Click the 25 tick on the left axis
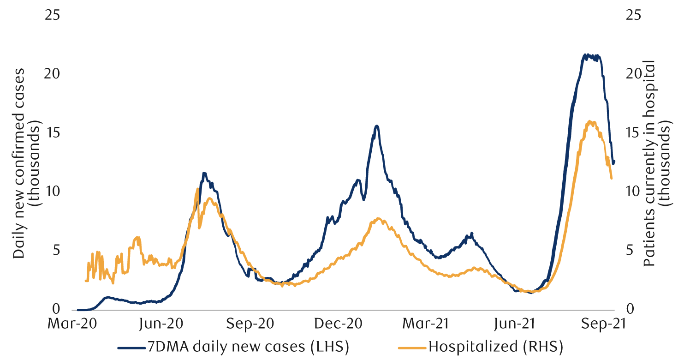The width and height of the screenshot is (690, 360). click(x=52, y=15)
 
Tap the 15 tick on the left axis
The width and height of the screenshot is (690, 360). click(x=52, y=132)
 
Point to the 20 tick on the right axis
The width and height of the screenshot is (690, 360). click(x=633, y=74)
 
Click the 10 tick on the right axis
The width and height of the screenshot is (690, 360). click(x=633, y=191)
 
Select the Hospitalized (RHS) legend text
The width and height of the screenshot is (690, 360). click(x=496, y=346)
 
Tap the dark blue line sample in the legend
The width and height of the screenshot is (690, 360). click(x=132, y=346)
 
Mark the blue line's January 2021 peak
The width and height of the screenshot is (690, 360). click(x=377, y=126)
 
